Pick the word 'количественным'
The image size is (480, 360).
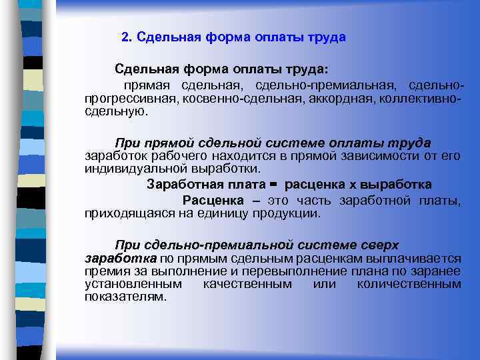(x=409, y=284)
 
